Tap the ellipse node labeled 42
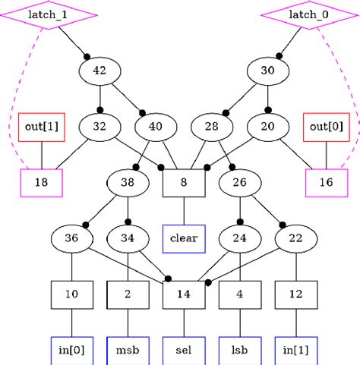click(99, 71)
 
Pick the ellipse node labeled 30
click(267, 71)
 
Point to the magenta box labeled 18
click(41, 182)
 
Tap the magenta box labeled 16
click(326, 182)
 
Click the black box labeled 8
click(183, 182)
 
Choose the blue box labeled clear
click(183, 238)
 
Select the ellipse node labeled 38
click(127, 182)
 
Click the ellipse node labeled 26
click(240, 182)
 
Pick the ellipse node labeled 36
click(71, 238)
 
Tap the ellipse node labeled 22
click(295, 238)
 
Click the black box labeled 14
click(183, 294)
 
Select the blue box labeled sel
click(183, 350)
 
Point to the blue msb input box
click(127, 350)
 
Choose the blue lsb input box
click(240, 350)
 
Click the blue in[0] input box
click(71, 350)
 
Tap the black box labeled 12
click(295, 294)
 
